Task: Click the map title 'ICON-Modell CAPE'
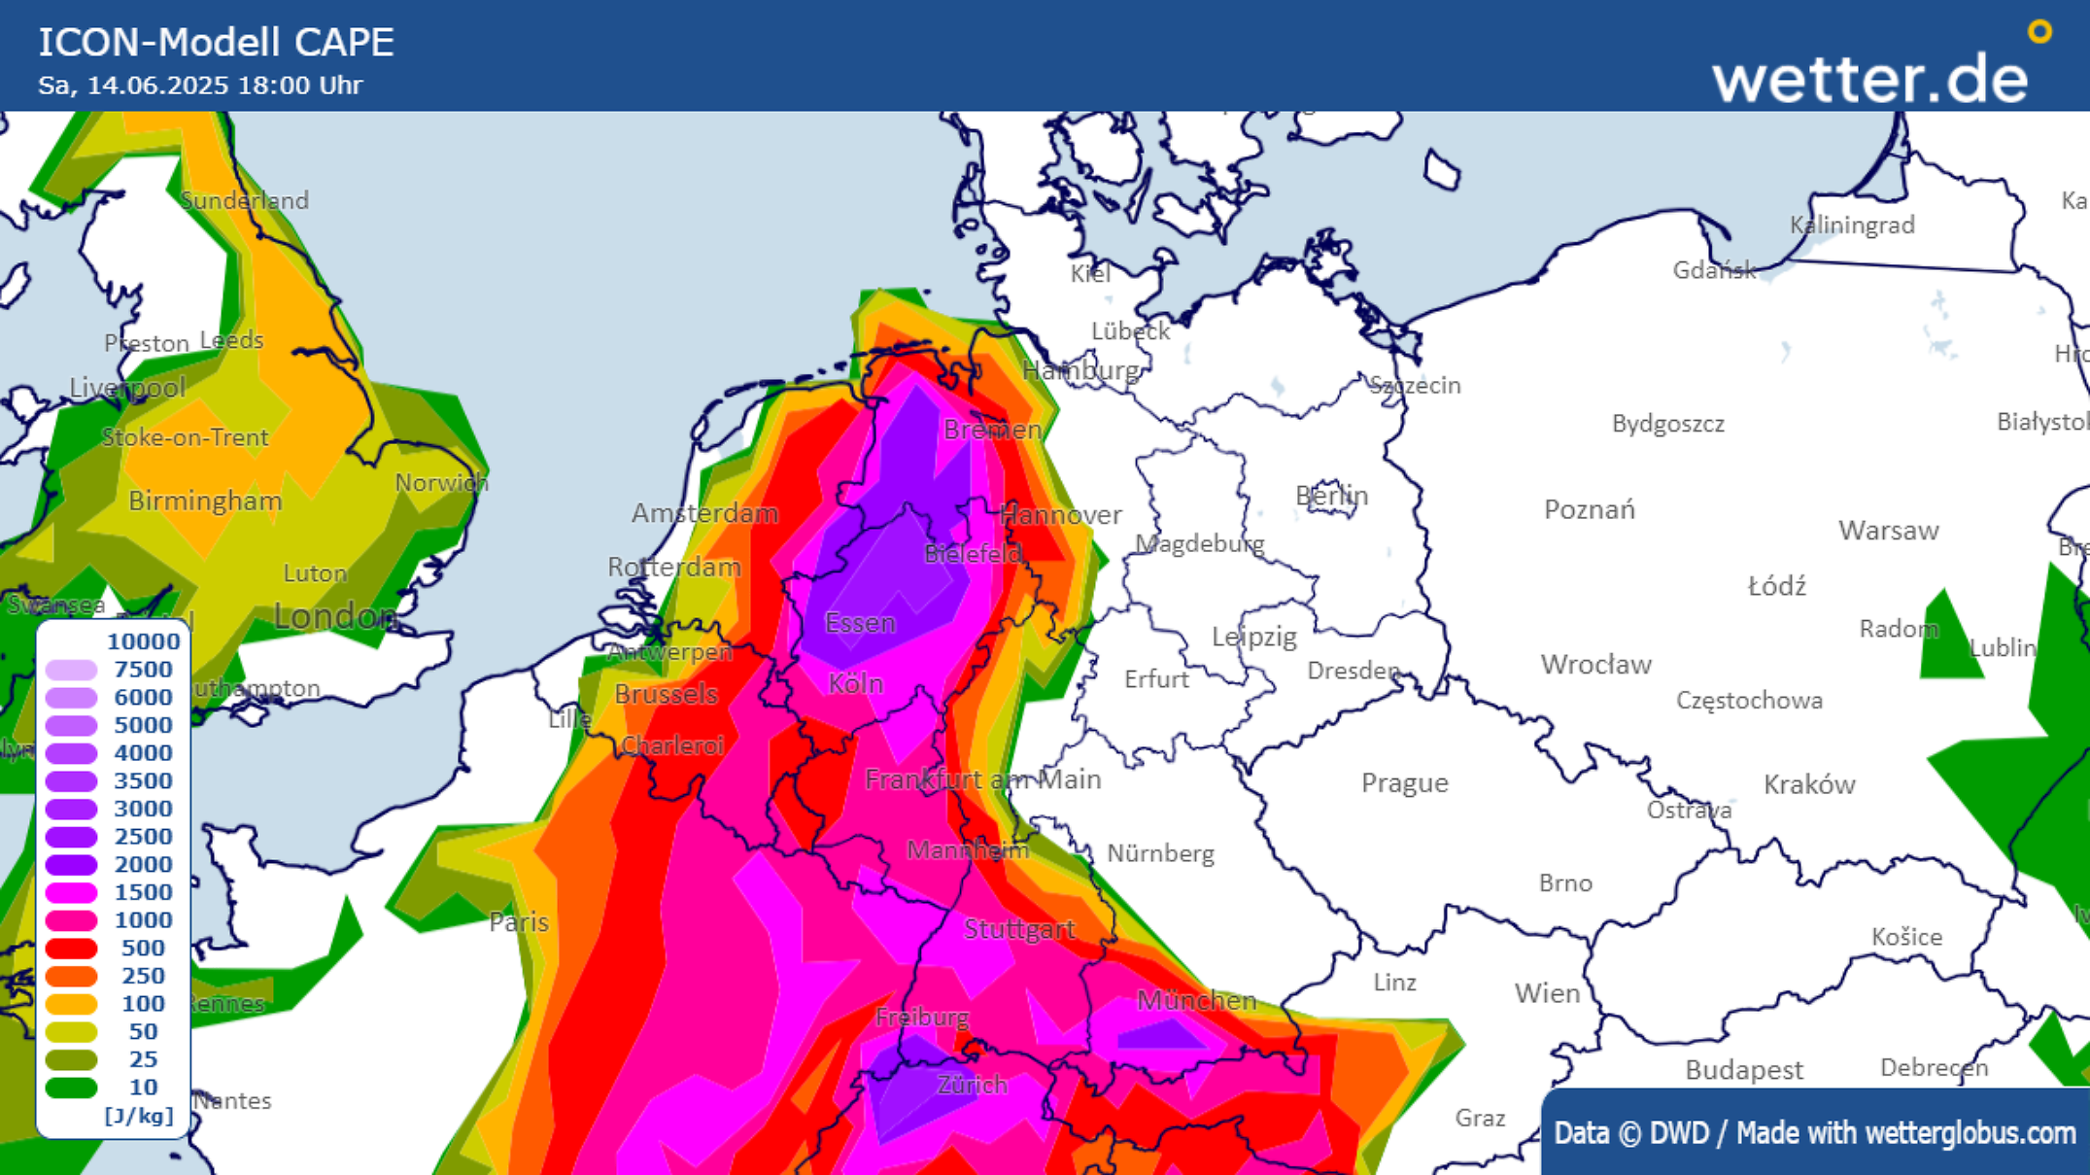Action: point(216,43)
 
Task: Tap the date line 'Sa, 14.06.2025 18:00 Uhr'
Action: point(200,86)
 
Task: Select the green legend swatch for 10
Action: point(71,1088)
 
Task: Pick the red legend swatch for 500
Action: point(71,949)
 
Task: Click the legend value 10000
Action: point(143,641)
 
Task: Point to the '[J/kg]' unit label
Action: point(138,1116)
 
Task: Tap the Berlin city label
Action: point(1331,496)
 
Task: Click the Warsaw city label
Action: point(1888,531)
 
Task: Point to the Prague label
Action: point(1404,782)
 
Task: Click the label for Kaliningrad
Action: point(1852,225)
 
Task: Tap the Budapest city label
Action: point(1744,1070)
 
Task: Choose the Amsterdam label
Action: point(704,513)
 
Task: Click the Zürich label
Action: point(972,1085)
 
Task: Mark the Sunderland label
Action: point(245,200)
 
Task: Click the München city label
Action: point(1196,999)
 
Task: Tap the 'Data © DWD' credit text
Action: point(1632,1133)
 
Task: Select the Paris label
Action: point(519,921)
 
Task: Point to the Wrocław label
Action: point(1595,665)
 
